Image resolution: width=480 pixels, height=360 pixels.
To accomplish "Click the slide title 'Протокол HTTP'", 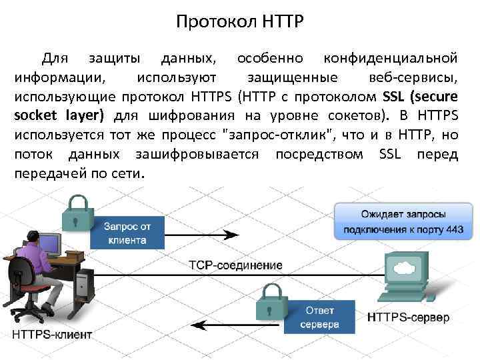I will point(240,22).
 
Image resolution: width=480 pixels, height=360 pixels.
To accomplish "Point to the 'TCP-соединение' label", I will point(235,265).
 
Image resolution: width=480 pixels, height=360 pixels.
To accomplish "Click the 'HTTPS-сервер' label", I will point(409,316).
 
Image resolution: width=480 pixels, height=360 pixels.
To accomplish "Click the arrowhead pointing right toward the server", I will point(231,235).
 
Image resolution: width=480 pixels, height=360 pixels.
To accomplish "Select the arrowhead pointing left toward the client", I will point(197,325).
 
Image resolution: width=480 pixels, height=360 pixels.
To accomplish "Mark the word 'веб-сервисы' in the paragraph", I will point(417,77).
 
